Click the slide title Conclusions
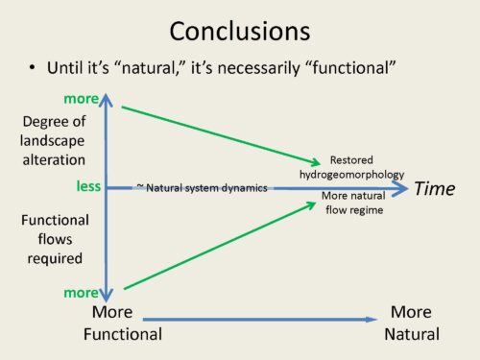point(240,31)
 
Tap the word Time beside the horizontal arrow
point(435,188)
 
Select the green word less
point(88,186)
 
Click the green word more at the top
point(82,99)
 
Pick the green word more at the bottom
point(82,293)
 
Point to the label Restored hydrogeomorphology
point(351,167)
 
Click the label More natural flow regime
point(354,203)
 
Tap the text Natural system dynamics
point(206,188)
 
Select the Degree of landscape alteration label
point(53,140)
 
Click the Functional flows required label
point(55,239)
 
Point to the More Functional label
point(123,323)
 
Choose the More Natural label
point(412,323)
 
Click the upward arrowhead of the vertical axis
point(106,99)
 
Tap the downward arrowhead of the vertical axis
point(106,295)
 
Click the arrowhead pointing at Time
point(400,188)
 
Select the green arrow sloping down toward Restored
point(221,135)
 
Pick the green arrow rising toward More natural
point(220,246)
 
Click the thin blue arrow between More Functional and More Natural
point(260,319)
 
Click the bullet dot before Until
point(32,67)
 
